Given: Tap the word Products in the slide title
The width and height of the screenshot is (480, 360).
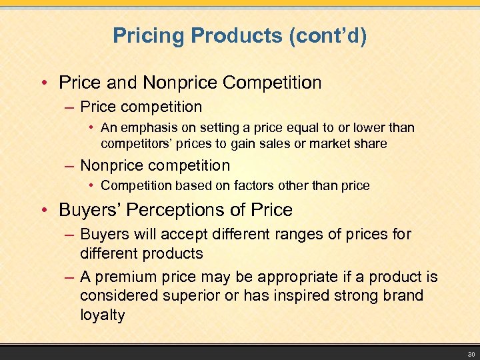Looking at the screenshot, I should coord(226,35).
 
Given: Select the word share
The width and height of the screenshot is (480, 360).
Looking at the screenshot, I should coord(369,143).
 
